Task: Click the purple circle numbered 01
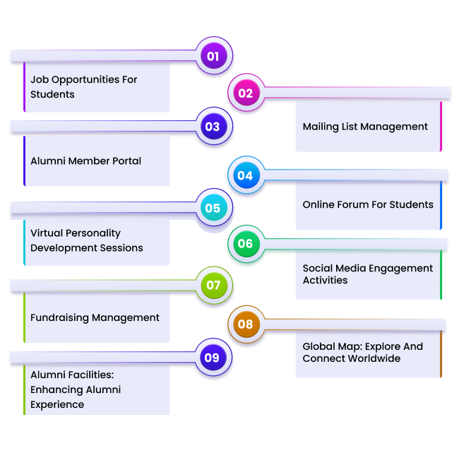213,56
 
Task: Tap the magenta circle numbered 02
246,93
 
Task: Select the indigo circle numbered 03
213,127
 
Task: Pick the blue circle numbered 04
245,175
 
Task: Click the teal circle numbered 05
213,209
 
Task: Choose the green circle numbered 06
245,244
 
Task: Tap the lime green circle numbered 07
213,286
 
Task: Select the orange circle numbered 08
245,324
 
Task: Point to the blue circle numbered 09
213,358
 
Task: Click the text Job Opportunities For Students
83,87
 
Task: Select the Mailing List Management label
365,127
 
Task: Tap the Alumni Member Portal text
85,161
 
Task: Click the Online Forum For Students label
368,204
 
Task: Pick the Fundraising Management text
95,317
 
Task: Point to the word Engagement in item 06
407,269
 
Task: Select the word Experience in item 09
57,404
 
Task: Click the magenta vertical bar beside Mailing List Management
441,126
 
